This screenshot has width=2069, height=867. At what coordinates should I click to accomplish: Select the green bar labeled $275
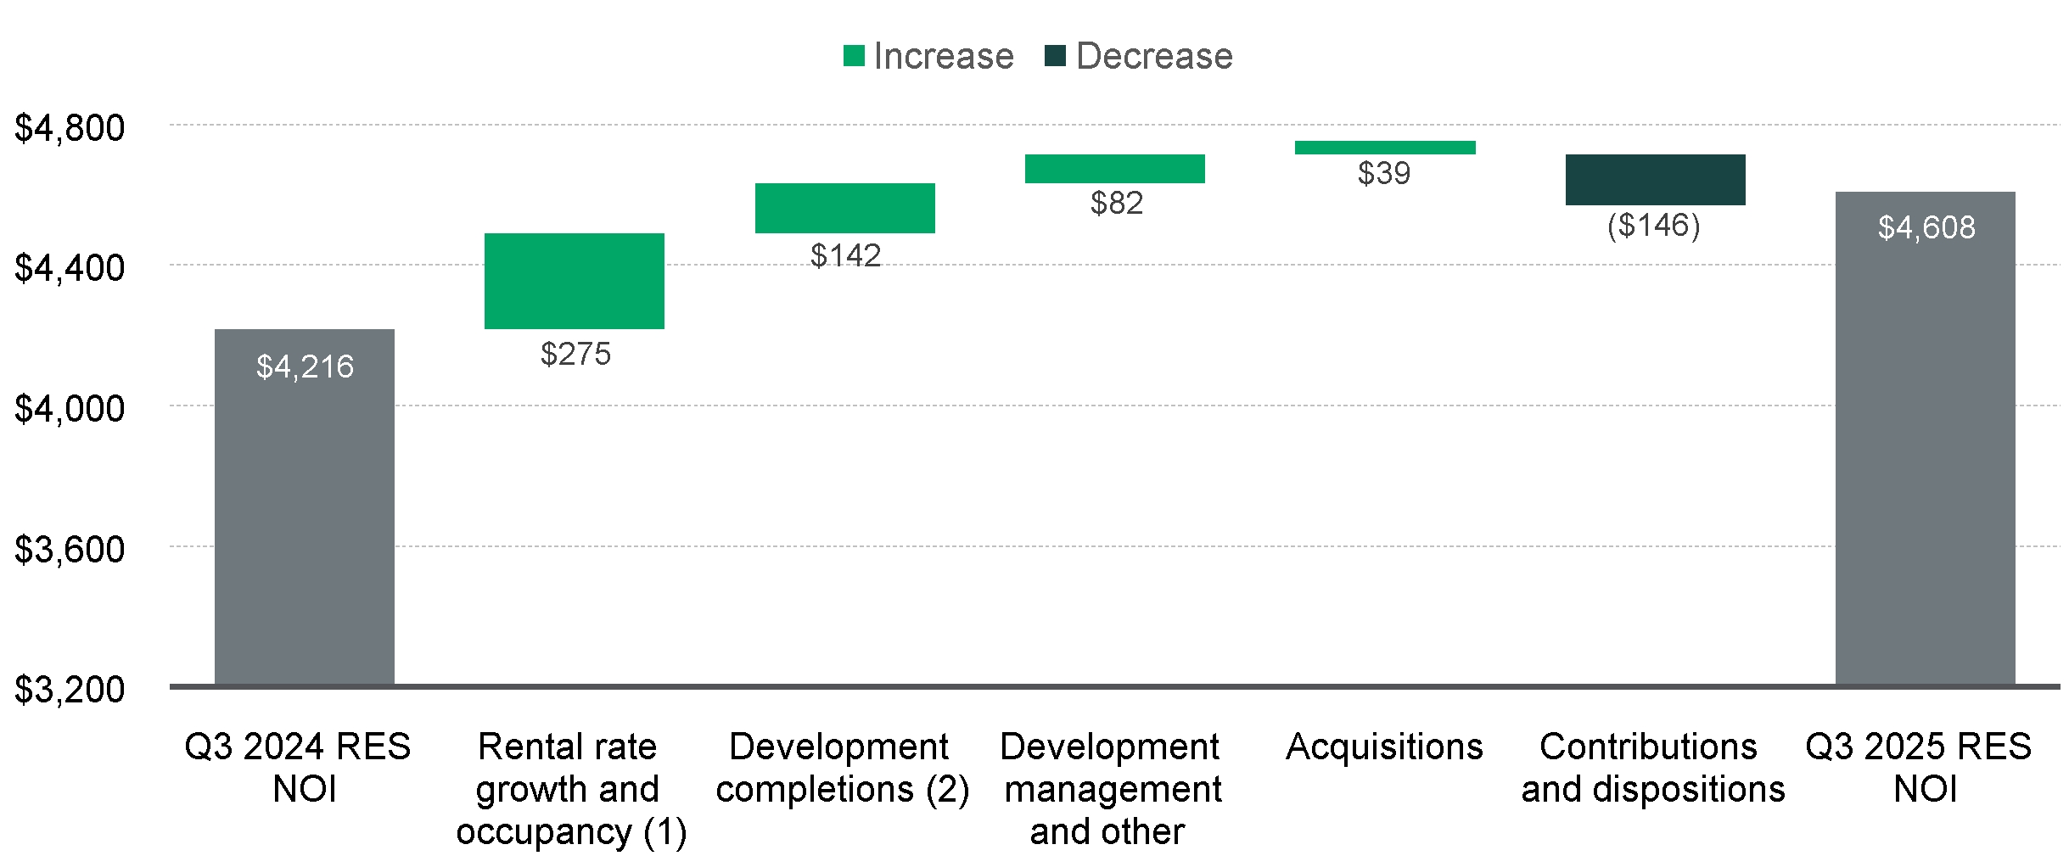point(574,281)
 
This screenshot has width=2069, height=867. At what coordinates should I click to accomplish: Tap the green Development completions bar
point(844,208)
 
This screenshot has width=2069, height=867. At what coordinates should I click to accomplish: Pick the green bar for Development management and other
point(1114,169)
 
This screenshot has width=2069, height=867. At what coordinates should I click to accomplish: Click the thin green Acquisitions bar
point(1384,148)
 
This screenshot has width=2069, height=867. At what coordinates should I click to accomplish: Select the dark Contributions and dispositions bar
point(1655,180)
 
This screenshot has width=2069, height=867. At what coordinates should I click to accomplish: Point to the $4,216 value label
point(305,366)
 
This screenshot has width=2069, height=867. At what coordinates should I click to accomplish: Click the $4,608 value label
point(1926,227)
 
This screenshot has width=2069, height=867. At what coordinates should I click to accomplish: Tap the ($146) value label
point(1653,226)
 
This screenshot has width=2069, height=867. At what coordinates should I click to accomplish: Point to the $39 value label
point(1383,173)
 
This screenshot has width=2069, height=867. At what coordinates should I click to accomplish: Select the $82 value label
point(1116,203)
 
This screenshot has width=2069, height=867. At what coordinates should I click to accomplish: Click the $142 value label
point(845,255)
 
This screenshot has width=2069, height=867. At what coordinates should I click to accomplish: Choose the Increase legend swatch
point(854,56)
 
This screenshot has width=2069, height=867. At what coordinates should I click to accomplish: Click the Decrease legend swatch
point(1055,56)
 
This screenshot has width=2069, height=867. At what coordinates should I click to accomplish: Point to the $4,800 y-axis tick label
point(70,127)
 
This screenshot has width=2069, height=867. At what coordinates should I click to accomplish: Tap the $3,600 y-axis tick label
point(70,549)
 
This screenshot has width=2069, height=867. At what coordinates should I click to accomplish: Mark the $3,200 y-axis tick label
point(70,689)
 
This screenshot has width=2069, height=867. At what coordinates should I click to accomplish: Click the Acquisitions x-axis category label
point(1384,747)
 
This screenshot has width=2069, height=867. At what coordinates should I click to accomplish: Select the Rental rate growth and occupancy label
point(570,789)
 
